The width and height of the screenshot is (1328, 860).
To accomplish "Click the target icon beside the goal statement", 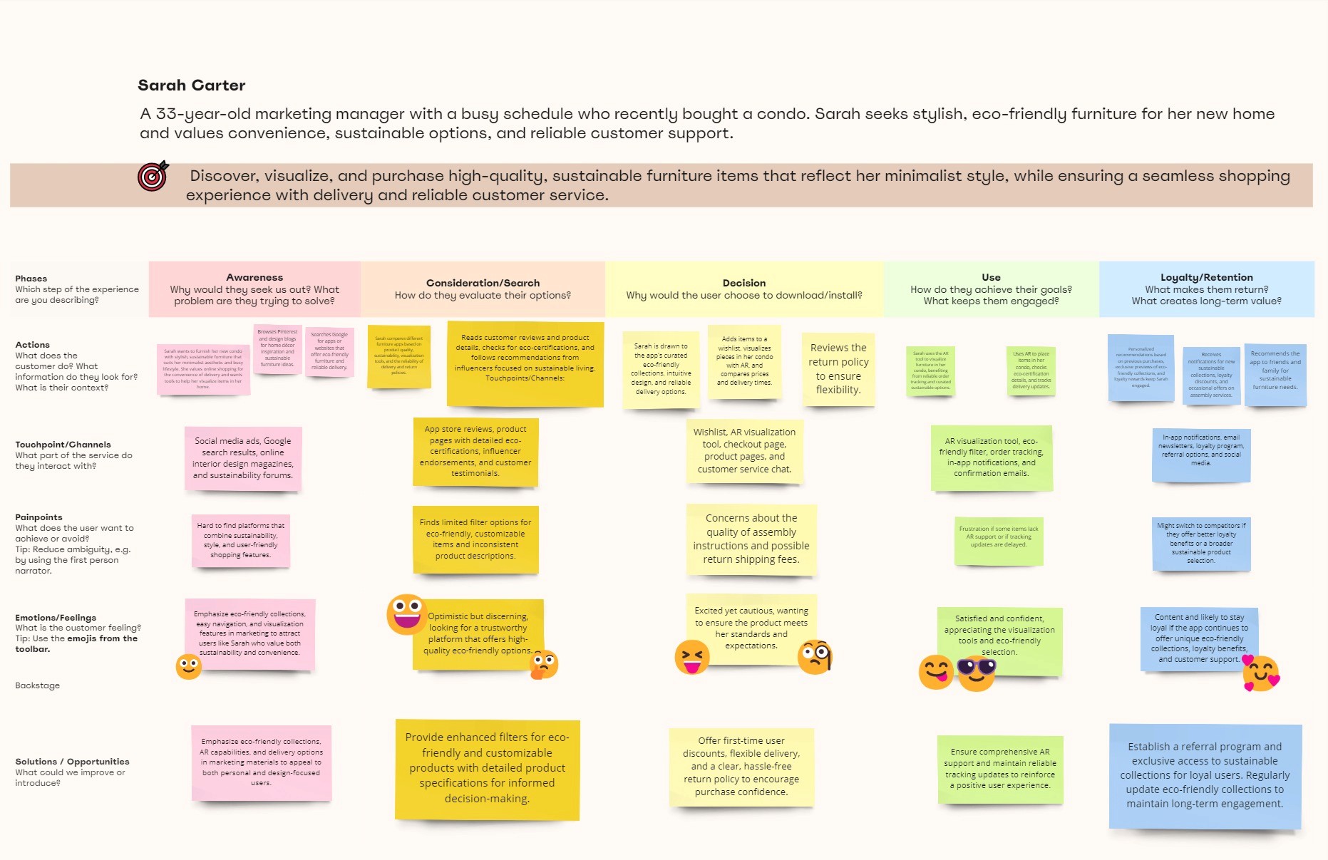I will tap(153, 176).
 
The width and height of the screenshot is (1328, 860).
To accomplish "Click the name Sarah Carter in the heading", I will tap(191, 86).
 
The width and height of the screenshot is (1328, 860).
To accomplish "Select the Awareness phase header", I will tap(254, 289).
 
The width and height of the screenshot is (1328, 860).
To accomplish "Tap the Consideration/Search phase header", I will tap(483, 289).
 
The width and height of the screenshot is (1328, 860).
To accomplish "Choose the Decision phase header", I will tap(743, 289).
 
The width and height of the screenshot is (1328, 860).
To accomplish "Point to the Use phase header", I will tap(991, 289).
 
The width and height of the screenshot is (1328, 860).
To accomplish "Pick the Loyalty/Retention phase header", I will tap(1206, 289).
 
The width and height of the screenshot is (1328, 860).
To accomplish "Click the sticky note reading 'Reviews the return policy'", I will tap(838, 369).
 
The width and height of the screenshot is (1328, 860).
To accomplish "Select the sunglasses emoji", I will tap(977, 672).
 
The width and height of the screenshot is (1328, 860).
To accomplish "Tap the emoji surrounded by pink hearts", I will tap(1261, 673).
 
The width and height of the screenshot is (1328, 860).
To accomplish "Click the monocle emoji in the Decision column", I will tap(815, 657).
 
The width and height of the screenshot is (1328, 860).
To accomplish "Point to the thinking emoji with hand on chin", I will tap(544, 665).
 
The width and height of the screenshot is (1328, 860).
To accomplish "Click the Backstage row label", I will tap(38, 685).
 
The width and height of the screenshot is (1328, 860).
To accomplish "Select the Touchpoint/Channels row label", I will tap(63, 445).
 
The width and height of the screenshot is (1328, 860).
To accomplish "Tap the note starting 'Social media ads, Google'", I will tap(243, 458).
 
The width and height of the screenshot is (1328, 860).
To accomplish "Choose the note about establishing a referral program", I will tap(1205, 775).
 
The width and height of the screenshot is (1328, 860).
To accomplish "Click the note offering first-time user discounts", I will tap(741, 767).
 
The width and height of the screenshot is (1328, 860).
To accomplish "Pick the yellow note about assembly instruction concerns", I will tap(751, 539).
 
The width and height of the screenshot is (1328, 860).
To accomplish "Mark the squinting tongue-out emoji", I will tap(692, 657).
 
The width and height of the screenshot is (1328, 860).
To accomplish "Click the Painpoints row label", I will tap(38, 517).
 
